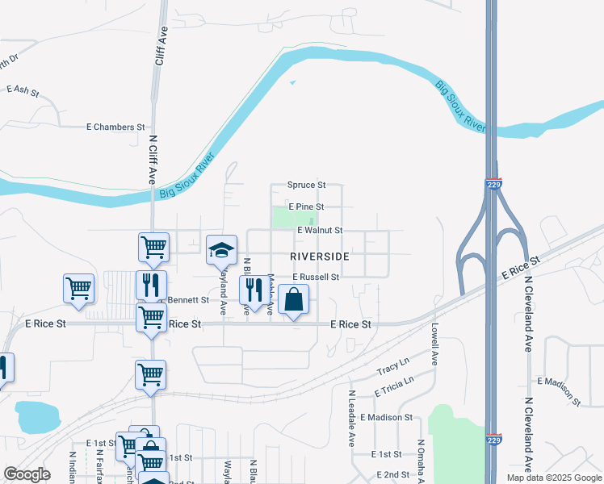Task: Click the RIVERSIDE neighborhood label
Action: [319, 256]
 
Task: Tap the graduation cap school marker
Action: [221, 249]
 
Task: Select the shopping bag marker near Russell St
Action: [293, 300]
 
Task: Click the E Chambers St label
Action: [115, 127]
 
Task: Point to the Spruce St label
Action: [306, 185]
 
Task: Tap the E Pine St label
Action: [305, 207]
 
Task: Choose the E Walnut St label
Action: [320, 231]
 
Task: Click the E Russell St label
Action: [315, 277]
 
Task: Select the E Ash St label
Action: [23, 91]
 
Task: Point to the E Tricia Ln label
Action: [394, 386]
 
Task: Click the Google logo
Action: [27, 474]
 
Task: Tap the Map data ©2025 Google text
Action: [553, 478]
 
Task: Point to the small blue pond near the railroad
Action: [37, 415]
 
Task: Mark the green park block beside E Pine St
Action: [283, 216]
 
